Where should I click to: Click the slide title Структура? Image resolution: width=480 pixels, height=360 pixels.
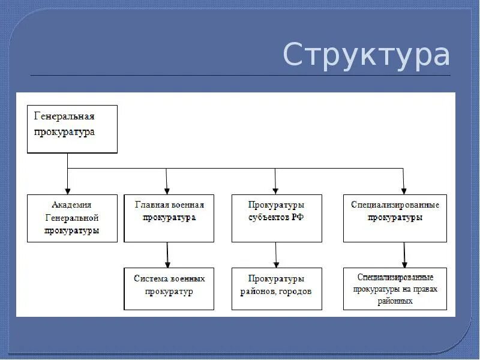(366, 55)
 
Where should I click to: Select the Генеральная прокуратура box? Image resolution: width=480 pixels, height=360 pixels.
(72, 129)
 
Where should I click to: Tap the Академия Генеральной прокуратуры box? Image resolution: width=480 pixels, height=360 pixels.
(72, 218)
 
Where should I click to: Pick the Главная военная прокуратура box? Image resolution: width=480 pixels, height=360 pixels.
(169, 218)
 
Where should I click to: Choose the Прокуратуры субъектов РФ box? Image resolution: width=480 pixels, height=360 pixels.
(276, 218)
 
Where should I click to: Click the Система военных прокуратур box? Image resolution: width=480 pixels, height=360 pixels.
(169, 289)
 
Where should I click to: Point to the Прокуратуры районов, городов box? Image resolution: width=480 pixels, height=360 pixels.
(276, 289)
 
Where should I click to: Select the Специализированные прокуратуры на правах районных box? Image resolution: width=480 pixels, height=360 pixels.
(395, 289)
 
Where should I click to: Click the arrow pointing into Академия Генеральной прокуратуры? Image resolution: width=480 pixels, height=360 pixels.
(68, 180)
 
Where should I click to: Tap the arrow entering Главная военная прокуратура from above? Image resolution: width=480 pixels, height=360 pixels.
(167, 180)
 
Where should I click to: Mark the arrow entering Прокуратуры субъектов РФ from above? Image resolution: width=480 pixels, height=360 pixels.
(275, 180)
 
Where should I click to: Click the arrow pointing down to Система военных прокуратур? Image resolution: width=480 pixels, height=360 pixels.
(167, 255)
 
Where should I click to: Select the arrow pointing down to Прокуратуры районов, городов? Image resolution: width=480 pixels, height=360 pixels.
(276, 255)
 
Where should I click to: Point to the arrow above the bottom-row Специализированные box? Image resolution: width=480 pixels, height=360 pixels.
(404, 255)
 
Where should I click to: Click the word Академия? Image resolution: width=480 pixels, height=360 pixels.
(73, 205)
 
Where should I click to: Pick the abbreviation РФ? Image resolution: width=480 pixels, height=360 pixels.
(297, 218)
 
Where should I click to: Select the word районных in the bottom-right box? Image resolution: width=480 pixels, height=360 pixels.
(395, 301)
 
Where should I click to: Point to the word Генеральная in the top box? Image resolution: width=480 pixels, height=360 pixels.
(64, 116)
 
